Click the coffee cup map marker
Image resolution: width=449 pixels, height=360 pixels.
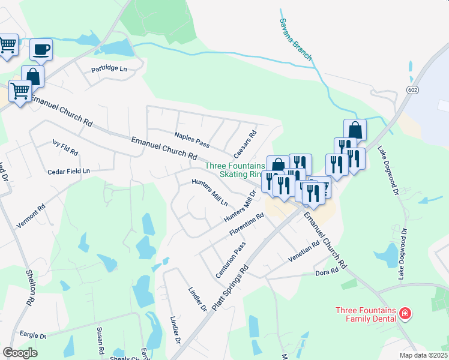click(41, 49)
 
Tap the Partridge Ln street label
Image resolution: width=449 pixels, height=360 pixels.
click(109, 69)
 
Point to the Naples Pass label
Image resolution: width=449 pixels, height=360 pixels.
click(191, 140)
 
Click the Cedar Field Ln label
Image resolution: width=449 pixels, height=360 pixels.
click(68, 172)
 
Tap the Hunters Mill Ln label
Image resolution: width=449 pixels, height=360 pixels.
click(209, 192)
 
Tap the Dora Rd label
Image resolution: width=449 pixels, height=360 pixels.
click(327, 272)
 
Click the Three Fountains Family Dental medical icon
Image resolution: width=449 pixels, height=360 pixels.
click(405, 314)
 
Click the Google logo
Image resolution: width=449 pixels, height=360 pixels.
click(20, 353)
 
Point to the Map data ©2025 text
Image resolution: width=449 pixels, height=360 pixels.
click(423, 355)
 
